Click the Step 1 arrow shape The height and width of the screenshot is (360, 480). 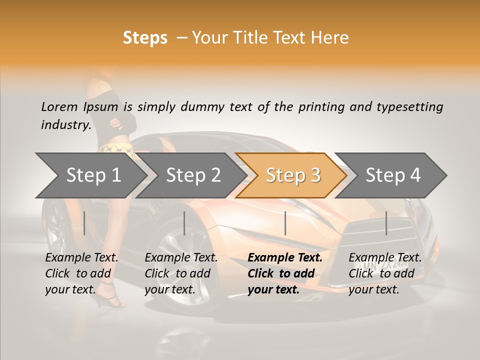click(x=93, y=175)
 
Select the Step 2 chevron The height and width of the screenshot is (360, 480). click(x=193, y=175)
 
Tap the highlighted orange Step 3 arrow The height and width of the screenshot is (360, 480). click(x=292, y=175)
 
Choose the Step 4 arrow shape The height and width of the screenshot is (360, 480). click(x=393, y=175)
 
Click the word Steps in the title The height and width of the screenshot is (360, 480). click(x=145, y=38)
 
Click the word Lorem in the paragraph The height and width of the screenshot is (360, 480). click(x=59, y=106)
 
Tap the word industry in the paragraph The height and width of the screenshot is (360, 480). click(x=65, y=124)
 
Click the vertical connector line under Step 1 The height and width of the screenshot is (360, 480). click(x=84, y=223)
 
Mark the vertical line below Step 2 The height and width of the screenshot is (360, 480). click(x=184, y=223)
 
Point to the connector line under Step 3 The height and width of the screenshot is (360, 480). click(x=285, y=223)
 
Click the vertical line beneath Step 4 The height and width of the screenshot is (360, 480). click(x=386, y=223)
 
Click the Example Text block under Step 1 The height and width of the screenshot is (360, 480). click(x=81, y=273)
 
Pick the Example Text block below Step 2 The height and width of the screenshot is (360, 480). click(x=181, y=273)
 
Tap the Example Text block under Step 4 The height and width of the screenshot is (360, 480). click(x=385, y=273)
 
